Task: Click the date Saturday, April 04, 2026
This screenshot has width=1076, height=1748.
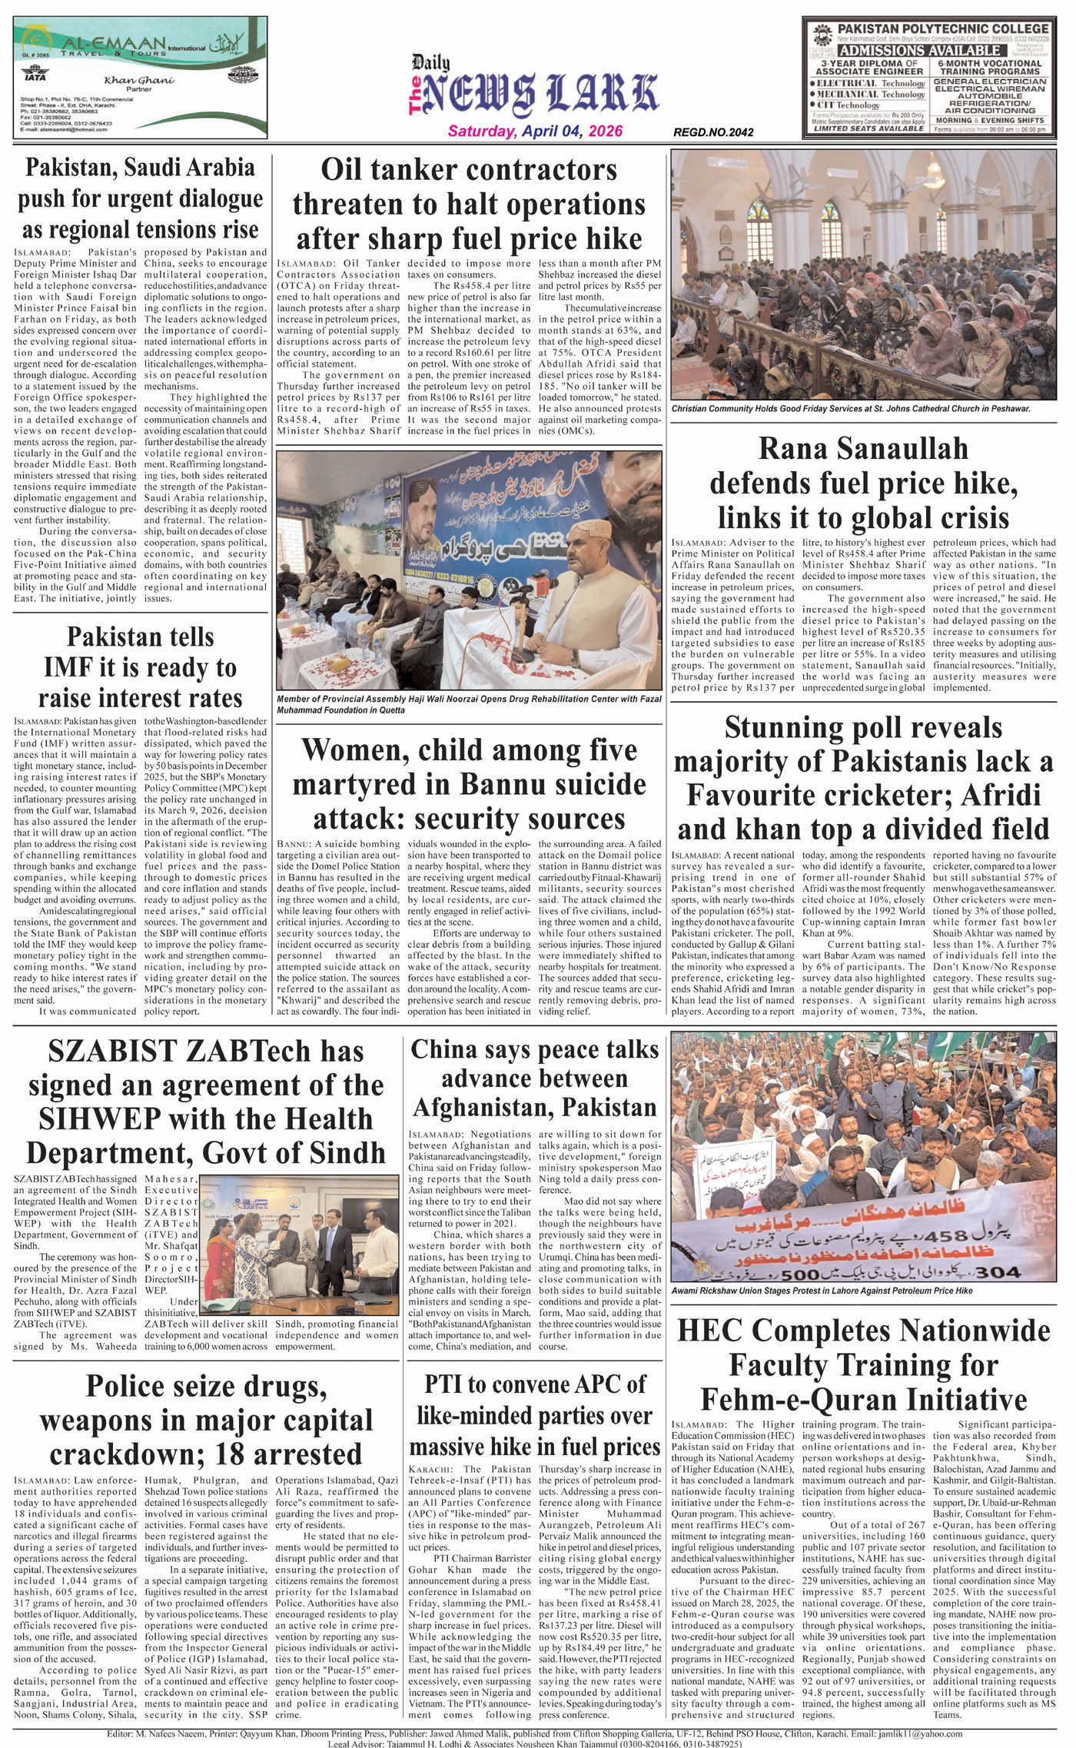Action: pos(535,131)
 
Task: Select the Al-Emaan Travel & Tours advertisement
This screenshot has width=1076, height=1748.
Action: pos(140,77)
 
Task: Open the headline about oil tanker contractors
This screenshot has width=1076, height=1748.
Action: pos(468,204)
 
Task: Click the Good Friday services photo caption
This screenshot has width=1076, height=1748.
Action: pos(850,409)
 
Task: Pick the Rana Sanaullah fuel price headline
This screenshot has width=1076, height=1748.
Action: pos(863,483)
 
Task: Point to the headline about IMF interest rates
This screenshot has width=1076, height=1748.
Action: pos(140,667)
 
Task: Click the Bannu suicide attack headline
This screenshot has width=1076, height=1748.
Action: pos(469,784)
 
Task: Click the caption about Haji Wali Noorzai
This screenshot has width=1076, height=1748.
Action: pos(468,704)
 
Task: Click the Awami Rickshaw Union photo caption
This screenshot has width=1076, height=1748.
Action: pos(822,1291)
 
